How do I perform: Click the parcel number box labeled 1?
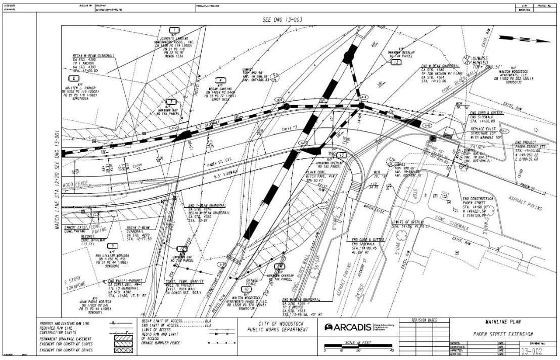point(175,30)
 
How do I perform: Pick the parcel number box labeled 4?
point(220,80)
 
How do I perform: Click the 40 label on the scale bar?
point(391,350)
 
